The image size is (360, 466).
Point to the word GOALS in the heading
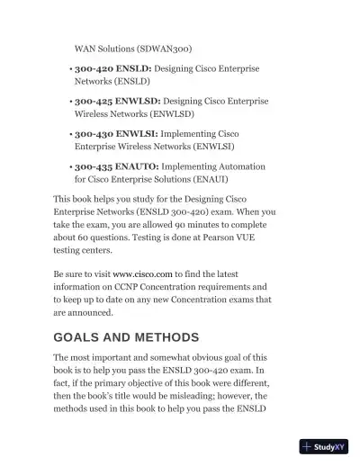(x=81, y=338)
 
